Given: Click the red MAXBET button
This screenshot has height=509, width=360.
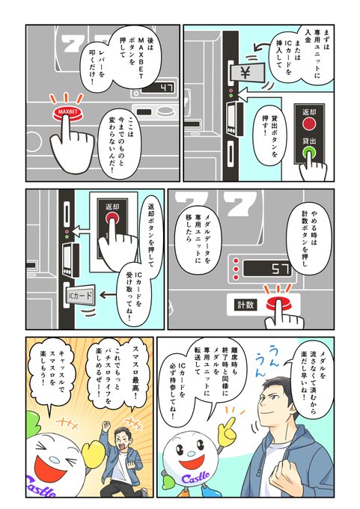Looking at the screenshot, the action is (x=68, y=112).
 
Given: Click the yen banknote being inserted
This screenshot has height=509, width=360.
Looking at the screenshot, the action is (x=247, y=73).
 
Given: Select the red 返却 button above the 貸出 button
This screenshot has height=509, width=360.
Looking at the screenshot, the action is (x=308, y=124).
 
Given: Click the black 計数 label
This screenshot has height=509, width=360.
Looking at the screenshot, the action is (x=245, y=305).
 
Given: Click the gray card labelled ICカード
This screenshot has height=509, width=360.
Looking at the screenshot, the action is (x=80, y=296).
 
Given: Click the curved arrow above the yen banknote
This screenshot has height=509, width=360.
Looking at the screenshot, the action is (x=264, y=47).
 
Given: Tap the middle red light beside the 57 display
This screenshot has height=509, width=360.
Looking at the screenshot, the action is (x=236, y=269).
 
